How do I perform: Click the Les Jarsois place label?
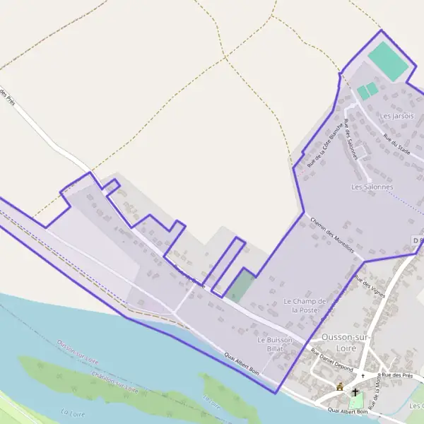click(396, 116)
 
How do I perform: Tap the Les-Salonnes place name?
click(372, 187)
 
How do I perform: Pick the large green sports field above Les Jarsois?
click(388, 61)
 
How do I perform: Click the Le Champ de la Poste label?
click(305, 305)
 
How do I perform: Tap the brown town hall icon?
click(340, 387)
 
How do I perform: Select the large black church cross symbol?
click(355, 391)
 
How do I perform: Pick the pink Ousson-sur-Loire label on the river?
click(77, 352)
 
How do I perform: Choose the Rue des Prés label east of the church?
click(405, 375)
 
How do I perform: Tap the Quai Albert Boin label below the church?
click(348, 410)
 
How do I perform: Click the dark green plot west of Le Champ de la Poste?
click(241, 285)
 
